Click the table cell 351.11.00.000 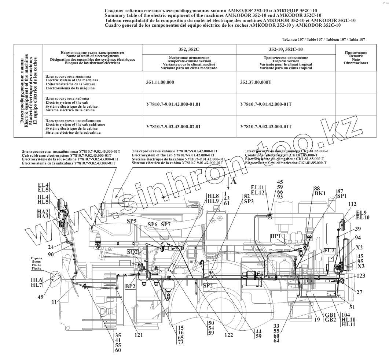(x=159, y=82)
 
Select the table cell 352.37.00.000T (x=256, y=82)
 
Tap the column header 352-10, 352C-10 (x=286, y=49)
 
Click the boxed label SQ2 (x=132, y=252)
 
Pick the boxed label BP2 (x=130, y=286)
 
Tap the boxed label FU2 (x=329, y=250)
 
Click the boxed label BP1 (x=276, y=236)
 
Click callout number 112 (x=352, y=204)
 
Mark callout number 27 (x=359, y=292)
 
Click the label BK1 (x=320, y=193)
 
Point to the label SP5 (x=132, y=221)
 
